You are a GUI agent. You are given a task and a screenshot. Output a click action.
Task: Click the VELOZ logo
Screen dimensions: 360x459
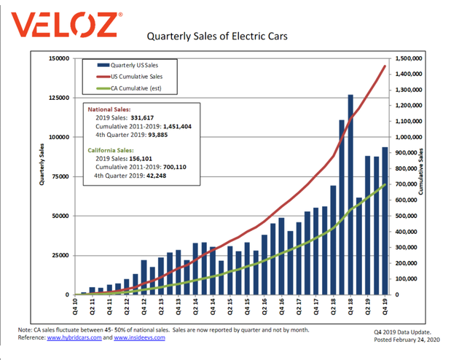[x=63, y=25]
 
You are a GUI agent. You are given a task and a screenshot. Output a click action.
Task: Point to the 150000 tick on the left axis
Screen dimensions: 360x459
[x=59, y=58]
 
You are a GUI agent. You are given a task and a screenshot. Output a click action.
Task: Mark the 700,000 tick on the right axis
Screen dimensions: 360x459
[x=407, y=184]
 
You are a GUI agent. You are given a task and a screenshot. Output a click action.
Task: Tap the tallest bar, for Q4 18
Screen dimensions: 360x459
[x=350, y=194]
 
